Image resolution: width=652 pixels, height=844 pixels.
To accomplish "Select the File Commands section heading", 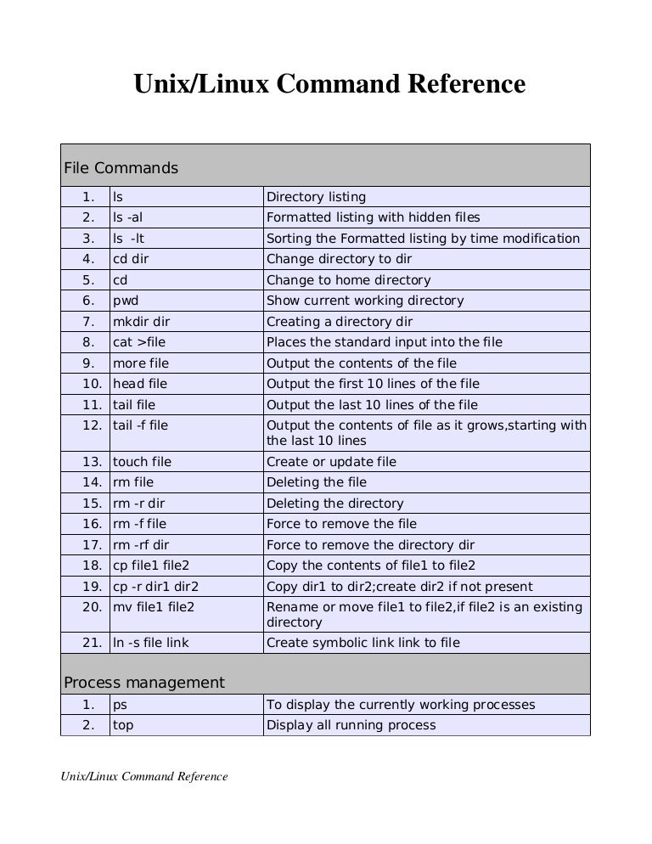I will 121,168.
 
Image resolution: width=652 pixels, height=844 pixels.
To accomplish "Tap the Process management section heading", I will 144,683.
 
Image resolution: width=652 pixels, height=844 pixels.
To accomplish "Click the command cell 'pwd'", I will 125,301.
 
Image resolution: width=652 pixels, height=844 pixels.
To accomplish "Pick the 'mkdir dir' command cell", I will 142,322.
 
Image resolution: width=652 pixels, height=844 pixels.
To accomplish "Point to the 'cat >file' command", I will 139,342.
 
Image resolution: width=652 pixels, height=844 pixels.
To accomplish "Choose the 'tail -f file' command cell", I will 141,425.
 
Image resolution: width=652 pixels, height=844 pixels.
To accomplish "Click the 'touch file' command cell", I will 143,462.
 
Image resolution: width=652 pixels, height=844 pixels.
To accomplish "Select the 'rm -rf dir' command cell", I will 141,545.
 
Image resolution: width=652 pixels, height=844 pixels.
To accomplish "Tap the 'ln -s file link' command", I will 151,643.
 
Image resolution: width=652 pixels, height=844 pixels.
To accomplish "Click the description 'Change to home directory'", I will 349,280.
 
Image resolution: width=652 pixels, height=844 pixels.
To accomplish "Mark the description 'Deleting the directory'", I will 335,504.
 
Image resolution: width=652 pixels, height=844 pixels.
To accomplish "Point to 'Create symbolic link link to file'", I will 363,643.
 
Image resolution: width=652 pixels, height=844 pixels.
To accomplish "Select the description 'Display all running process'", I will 351,725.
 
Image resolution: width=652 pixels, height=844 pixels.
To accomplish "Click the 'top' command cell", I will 124,725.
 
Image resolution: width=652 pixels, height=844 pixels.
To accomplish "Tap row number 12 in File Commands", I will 93,425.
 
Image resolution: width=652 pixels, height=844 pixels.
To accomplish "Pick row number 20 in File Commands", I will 93,607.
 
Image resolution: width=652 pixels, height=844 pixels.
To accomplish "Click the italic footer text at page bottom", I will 143,776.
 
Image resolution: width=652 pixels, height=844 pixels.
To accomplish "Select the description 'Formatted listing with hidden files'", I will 374,217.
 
